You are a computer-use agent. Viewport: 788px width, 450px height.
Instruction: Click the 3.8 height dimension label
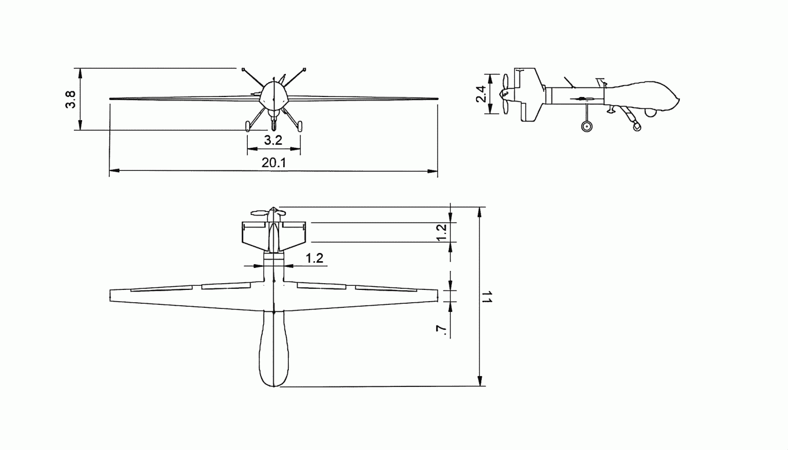click(x=70, y=100)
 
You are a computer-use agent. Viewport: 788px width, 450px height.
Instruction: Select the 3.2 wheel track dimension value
click(x=273, y=141)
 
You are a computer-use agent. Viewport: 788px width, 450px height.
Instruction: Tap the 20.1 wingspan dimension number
click(x=273, y=163)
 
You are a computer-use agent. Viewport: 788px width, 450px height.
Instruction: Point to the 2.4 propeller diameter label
click(x=481, y=94)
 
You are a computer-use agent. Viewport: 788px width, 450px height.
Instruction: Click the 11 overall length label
click(x=487, y=297)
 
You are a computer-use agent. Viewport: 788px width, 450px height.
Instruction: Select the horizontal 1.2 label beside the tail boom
click(x=314, y=258)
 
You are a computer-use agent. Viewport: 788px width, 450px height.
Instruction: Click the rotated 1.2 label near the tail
click(x=441, y=232)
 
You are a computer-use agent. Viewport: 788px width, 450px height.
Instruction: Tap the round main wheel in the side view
click(x=586, y=126)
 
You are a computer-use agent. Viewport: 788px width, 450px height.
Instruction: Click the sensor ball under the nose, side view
click(x=651, y=112)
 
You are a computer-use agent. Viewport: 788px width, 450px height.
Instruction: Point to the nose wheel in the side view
click(x=637, y=126)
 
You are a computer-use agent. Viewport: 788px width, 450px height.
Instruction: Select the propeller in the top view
click(x=268, y=212)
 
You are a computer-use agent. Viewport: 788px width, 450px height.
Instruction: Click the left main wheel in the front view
click(x=248, y=126)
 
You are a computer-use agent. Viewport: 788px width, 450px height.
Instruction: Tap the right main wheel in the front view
click(x=300, y=126)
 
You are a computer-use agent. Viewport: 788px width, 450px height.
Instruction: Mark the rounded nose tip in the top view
click(x=273, y=386)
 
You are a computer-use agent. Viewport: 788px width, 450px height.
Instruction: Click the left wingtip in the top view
click(x=110, y=296)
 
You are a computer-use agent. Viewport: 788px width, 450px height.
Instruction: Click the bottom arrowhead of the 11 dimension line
click(x=480, y=381)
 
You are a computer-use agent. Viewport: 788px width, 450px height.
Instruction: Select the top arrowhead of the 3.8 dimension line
click(x=80, y=73)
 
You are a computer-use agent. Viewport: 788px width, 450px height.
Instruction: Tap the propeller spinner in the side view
click(x=504, y=93)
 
